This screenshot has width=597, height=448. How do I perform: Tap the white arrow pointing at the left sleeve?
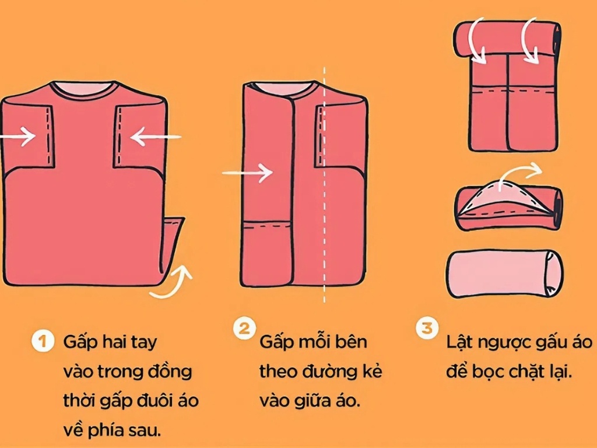point(18,138)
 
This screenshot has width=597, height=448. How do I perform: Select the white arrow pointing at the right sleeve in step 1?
point(155,138)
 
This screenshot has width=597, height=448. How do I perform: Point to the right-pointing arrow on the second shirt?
point(248,173)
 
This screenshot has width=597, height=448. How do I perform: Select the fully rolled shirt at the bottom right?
point(504,274)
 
